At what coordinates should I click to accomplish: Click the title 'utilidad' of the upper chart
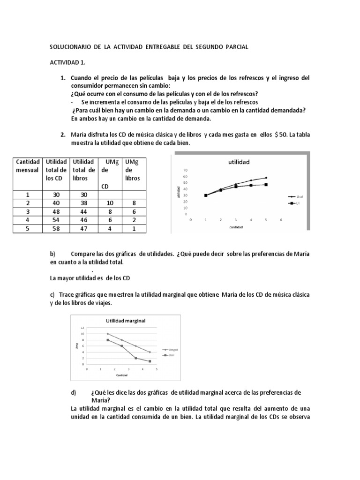point(239,162)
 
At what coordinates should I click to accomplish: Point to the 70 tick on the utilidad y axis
point(185,170)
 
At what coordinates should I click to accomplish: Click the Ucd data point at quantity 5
point(266,178)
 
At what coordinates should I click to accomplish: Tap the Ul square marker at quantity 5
point(266,185)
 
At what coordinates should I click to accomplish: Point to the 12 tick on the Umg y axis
point(82,328)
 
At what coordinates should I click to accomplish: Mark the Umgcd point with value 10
point(108,334)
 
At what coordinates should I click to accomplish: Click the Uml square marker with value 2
point(136,358)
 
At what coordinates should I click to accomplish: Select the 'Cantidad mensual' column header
point(27,165)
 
